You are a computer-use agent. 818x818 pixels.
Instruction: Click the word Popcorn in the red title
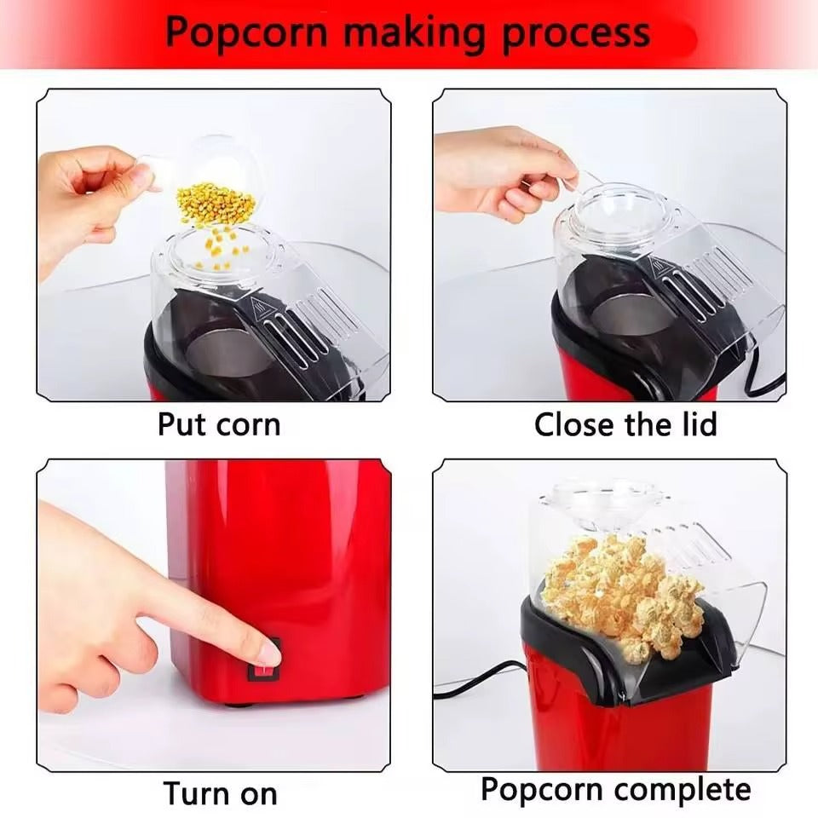(x=247, y=32)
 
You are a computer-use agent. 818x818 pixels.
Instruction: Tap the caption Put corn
(x=219, y=423)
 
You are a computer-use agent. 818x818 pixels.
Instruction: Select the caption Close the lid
(x=625, y=423)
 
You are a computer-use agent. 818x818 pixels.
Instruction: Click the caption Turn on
(x=220, y=792)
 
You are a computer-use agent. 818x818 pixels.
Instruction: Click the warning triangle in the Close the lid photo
(x=659, y=266)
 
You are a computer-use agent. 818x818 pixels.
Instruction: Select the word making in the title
(x=409, y=32)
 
